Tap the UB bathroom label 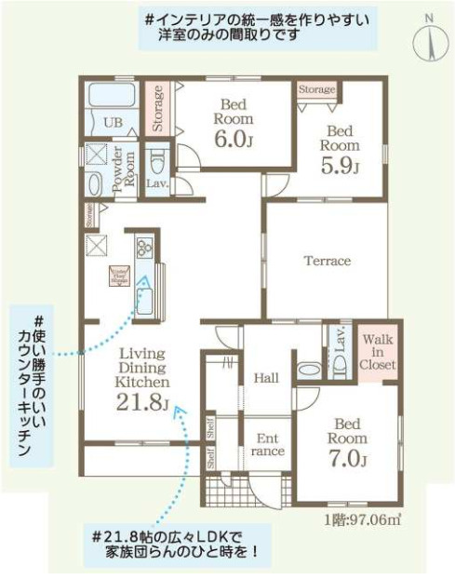pyautogui.click(x=113, y=123)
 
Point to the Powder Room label pyautogui.click(x=123, y=168)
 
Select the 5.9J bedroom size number pyautogui.click(x=339, y=164)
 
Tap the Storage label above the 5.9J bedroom pyautogui.click(x=316, y=89)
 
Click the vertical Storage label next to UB pyautogui.click(x=158, y=108)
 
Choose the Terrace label pyautogui.click(x=327, y=261)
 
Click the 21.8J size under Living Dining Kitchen pyautogui.click(x=141, y=402)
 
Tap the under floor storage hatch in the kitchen pyautogui.click(x=120, y=276)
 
